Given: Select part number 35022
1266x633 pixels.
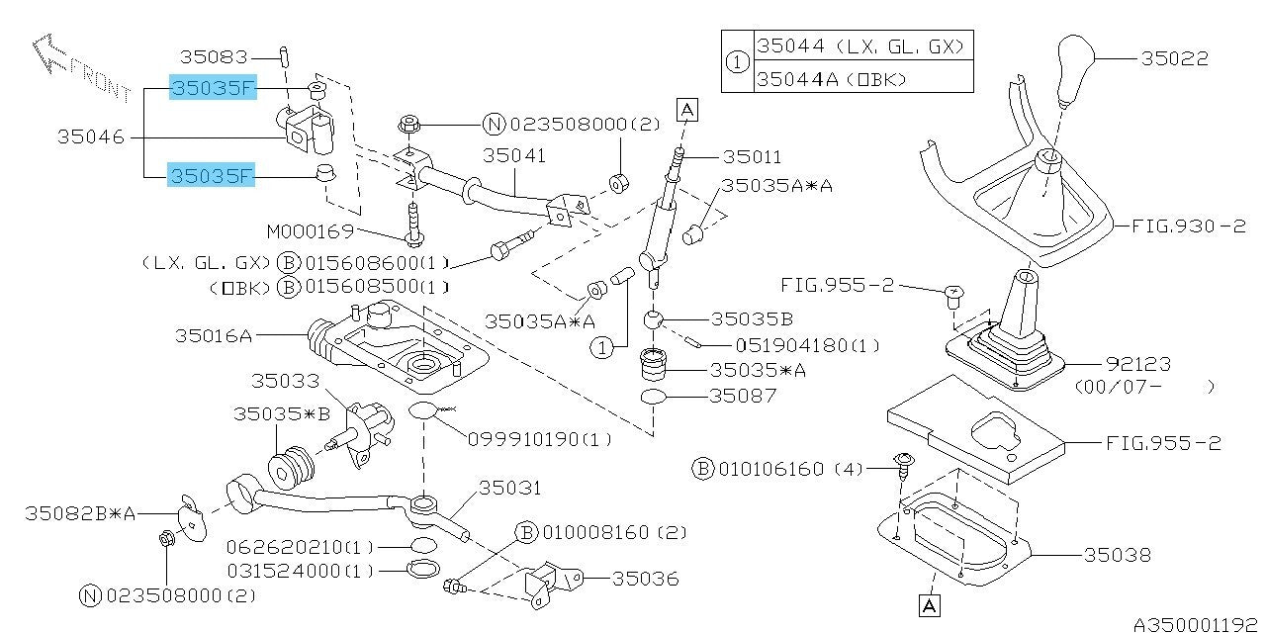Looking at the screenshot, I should coord(1174,58).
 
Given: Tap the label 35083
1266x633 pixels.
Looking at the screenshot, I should coord(212,58).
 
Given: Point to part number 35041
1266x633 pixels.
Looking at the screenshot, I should coord(514,155).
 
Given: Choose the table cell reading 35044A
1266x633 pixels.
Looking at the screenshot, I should coord(831,77).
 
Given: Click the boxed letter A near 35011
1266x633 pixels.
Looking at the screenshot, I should coord(687,109).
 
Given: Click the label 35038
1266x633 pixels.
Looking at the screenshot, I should coord(1118,556).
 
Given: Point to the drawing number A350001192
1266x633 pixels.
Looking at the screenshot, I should coord(1195,624).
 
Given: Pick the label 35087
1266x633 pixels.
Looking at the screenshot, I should coord(744,395).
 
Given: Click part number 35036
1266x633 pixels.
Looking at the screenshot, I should coord(646,578).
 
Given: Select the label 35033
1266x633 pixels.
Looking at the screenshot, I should coord(285,380).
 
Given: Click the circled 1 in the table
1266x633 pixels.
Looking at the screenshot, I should coord(738,61).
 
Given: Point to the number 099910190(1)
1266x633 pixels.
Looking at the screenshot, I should coord(540,438).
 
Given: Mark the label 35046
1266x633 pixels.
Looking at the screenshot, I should coord(92,137).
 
